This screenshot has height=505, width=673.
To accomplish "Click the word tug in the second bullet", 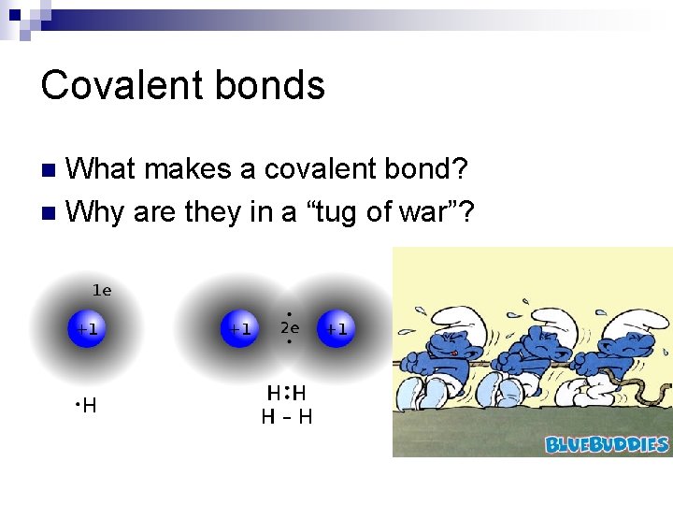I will [x=327, y=212].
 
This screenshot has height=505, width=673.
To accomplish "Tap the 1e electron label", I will [x=101, y=291].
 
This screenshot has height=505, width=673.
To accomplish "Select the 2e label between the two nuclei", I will [x=290, y=328].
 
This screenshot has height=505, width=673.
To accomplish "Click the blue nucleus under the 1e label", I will [x=87, y=329].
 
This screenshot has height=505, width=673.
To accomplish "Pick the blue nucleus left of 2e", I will [x=240, y=329].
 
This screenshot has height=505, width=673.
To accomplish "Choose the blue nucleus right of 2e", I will [x=336, y=329].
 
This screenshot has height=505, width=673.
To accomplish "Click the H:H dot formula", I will [x=286, y=394].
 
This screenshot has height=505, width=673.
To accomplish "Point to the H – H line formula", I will [x=286, y=417].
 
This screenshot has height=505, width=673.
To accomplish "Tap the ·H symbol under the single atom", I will [x=86, y=406].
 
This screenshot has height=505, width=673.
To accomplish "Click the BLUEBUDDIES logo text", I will [x=607, y=444].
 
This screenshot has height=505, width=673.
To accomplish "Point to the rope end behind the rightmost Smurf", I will [x=659, y=387].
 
